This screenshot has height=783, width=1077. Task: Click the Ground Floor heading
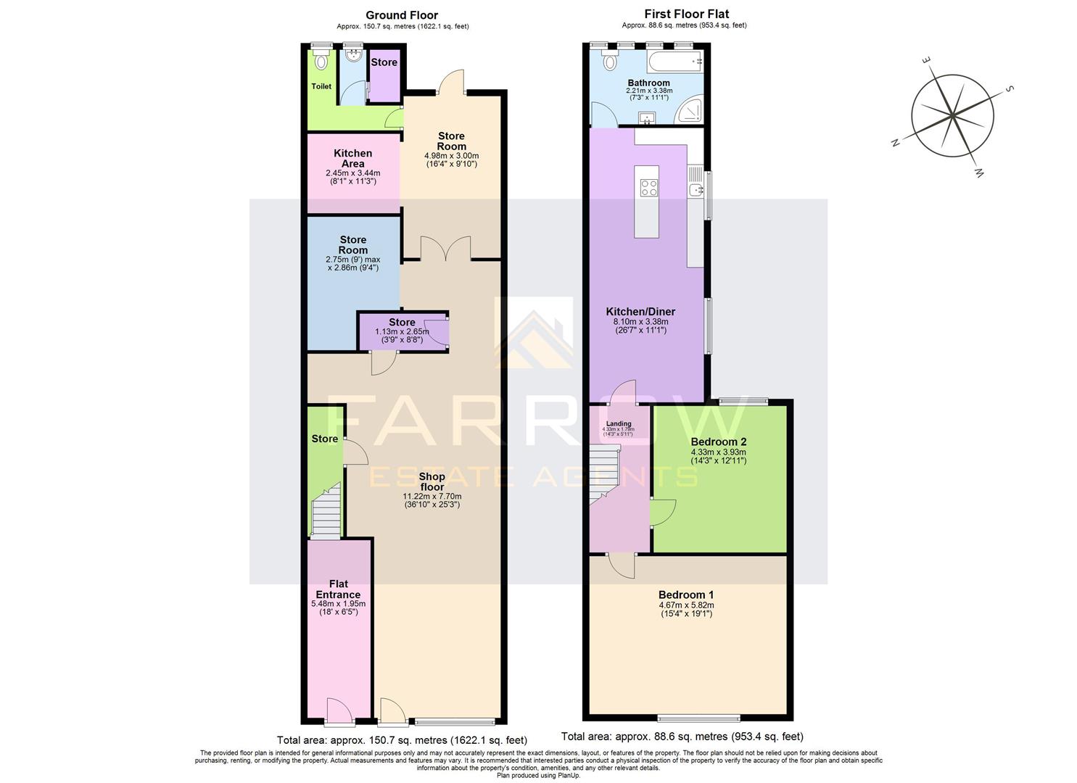tap(401, 14)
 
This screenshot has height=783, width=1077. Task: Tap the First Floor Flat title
tap(686, 14)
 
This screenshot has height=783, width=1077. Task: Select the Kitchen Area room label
tap(352, 158)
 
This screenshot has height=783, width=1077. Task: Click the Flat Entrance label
tap(338, 589)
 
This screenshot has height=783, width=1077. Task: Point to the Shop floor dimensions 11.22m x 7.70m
tap(432, 497)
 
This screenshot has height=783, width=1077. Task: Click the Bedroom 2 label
tap(718, 442)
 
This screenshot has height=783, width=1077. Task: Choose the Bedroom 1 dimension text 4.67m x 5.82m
tap(686, 605)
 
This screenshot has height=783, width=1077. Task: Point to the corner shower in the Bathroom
tap(689, 113)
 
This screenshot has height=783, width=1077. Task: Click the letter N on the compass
tap(896, 144)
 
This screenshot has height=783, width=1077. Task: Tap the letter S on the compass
tap(1009, 89)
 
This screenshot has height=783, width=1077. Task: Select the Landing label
tap(619, 423)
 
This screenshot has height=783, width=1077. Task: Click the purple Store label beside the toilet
tap(384, 62)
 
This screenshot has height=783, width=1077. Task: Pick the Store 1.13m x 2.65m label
tap(402, 323)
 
